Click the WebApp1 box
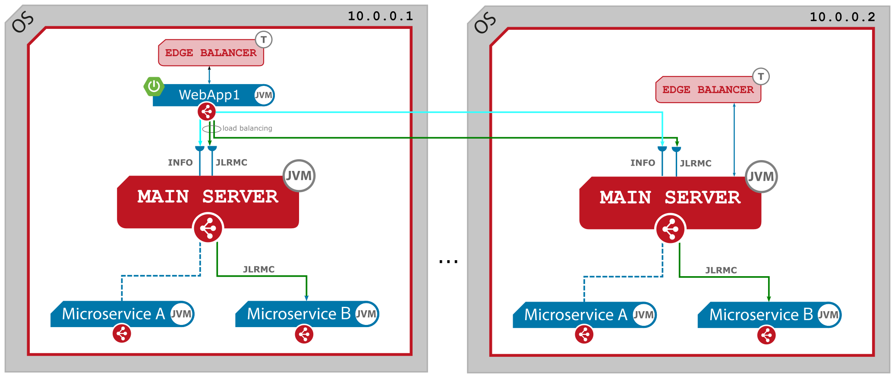click(x=209, y=95)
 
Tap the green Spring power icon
click(x=154, y=86)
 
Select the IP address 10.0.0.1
click(x=380, y=16)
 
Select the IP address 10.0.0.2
click(x=842, y=17)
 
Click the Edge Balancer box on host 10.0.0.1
click(x=211, y=53)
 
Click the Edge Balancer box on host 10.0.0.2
click(x=708, y=90)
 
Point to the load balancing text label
click(x=247, y=128)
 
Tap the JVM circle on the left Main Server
click(x=299, y=176)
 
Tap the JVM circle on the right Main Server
click(x=761, y=176)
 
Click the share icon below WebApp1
click(x=207, y=112)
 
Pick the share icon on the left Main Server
click(x=208, y=228)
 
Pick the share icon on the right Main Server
click(x=670, y=229)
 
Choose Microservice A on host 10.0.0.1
click(x=113, y=314)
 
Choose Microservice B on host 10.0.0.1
click(x=299, y=314)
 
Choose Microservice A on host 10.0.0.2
click(x=576, y=315)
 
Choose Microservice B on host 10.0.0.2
click(x=761, y=315)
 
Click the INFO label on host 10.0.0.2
click(x=643, y=163)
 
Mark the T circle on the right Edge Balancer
click(x=761, y=77)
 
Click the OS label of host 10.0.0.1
click(x=22, y=22)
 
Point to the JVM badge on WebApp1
click(x=263, y=95)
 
